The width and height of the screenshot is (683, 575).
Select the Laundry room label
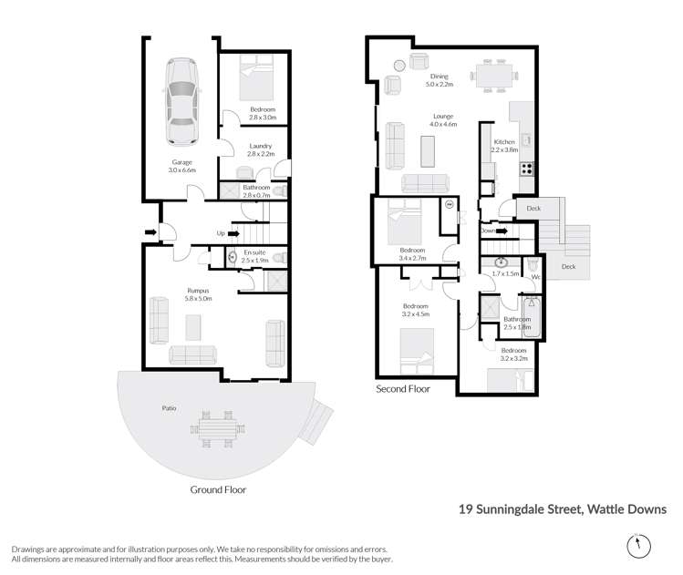pyautogui.click(x=261, y=147)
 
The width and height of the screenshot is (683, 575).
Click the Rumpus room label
pyautogui.click(x=198, y=292)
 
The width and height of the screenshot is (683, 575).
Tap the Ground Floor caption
pyautogui.click(x=217, y=489)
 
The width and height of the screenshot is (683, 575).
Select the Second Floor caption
pyautogui.click(x=402, y=388)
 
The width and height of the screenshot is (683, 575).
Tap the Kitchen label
pyautogui.click(x=504, y=142)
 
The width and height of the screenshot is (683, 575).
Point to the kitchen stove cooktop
pyautogui.click(x=527, y=167)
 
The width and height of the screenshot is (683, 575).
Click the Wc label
pyautogui.click(x=536, y=276)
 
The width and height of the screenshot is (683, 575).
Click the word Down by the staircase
pyautogui.click(x=488, y=231)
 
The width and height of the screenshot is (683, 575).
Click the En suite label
pyautogui.click(x=254, y=252)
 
